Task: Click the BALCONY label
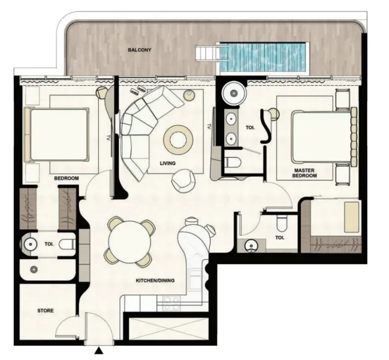coord(139,50)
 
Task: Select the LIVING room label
coord(167,163)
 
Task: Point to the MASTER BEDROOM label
coord(304,174)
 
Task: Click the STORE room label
coord(46,311)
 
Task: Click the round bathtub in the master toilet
coord(232,92)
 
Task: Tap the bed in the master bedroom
coord(318,134)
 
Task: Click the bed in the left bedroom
coord(58,134)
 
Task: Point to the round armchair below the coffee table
coord(183,179)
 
